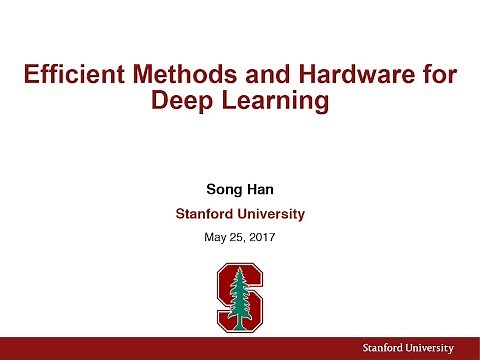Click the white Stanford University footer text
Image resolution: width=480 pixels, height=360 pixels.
(408, 347)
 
